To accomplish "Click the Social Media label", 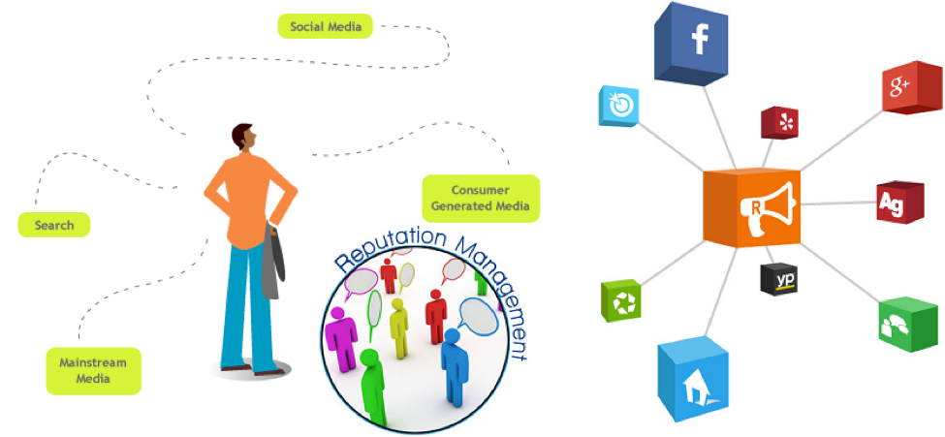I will point(325,26).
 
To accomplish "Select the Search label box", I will point(54,226).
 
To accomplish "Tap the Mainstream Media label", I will point(93,370).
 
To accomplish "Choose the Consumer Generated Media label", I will point(481,199).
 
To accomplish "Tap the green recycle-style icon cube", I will point(621,300).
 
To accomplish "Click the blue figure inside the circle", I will point(453,363).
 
